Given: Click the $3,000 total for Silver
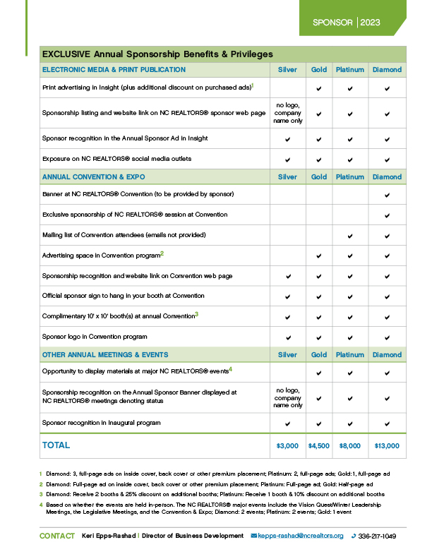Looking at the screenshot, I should (287, 446).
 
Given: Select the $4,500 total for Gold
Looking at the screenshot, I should (319, 446).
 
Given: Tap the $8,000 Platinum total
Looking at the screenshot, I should (349, 446).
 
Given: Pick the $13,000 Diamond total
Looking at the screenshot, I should (387, 446).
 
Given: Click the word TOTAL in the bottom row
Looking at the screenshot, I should (56, 445).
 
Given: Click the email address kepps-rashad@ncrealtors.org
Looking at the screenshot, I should (301, 536).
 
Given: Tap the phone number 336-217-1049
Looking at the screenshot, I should (377, 536).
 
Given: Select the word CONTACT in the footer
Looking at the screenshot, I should (57, 536).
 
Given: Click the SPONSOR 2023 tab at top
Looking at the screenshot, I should (347, 23).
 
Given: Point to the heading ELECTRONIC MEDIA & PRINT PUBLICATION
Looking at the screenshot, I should (114, 70).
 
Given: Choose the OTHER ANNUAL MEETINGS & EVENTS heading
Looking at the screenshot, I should (105, 354).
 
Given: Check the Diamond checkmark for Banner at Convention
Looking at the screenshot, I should (387, 194).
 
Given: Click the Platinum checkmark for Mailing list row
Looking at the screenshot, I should (349, 235).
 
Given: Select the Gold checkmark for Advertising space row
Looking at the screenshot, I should (319, 255).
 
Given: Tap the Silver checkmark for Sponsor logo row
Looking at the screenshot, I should (287, 337).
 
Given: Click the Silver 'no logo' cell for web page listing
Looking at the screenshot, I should (287, 113).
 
